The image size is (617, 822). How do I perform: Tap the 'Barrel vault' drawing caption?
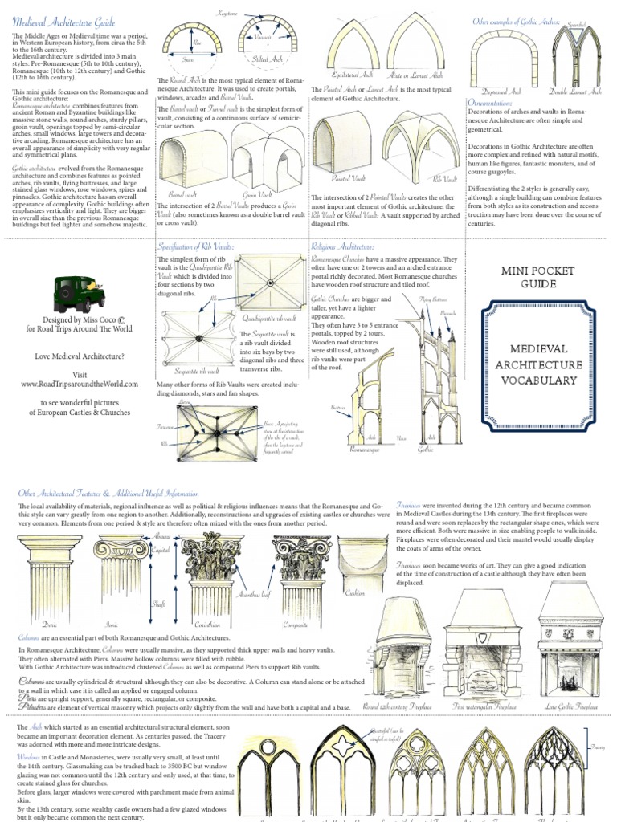[x=182, y=193]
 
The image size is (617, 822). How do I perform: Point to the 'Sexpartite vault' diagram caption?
[x=197, y=372]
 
